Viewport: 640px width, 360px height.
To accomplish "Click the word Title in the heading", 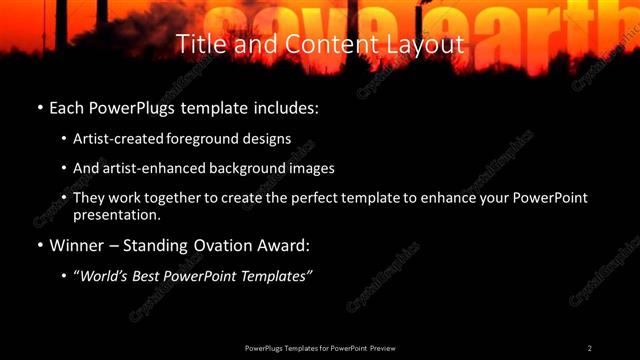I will click(199, 45).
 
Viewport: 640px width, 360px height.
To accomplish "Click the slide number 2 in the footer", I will click(590, 348).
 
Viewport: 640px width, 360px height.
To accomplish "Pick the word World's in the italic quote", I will click(107, 275).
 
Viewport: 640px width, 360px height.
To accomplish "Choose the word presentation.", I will click(116, 214).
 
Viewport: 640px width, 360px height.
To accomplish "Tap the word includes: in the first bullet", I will click(289, 105).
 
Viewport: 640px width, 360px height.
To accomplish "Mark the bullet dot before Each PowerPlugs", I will click(39, 105).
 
